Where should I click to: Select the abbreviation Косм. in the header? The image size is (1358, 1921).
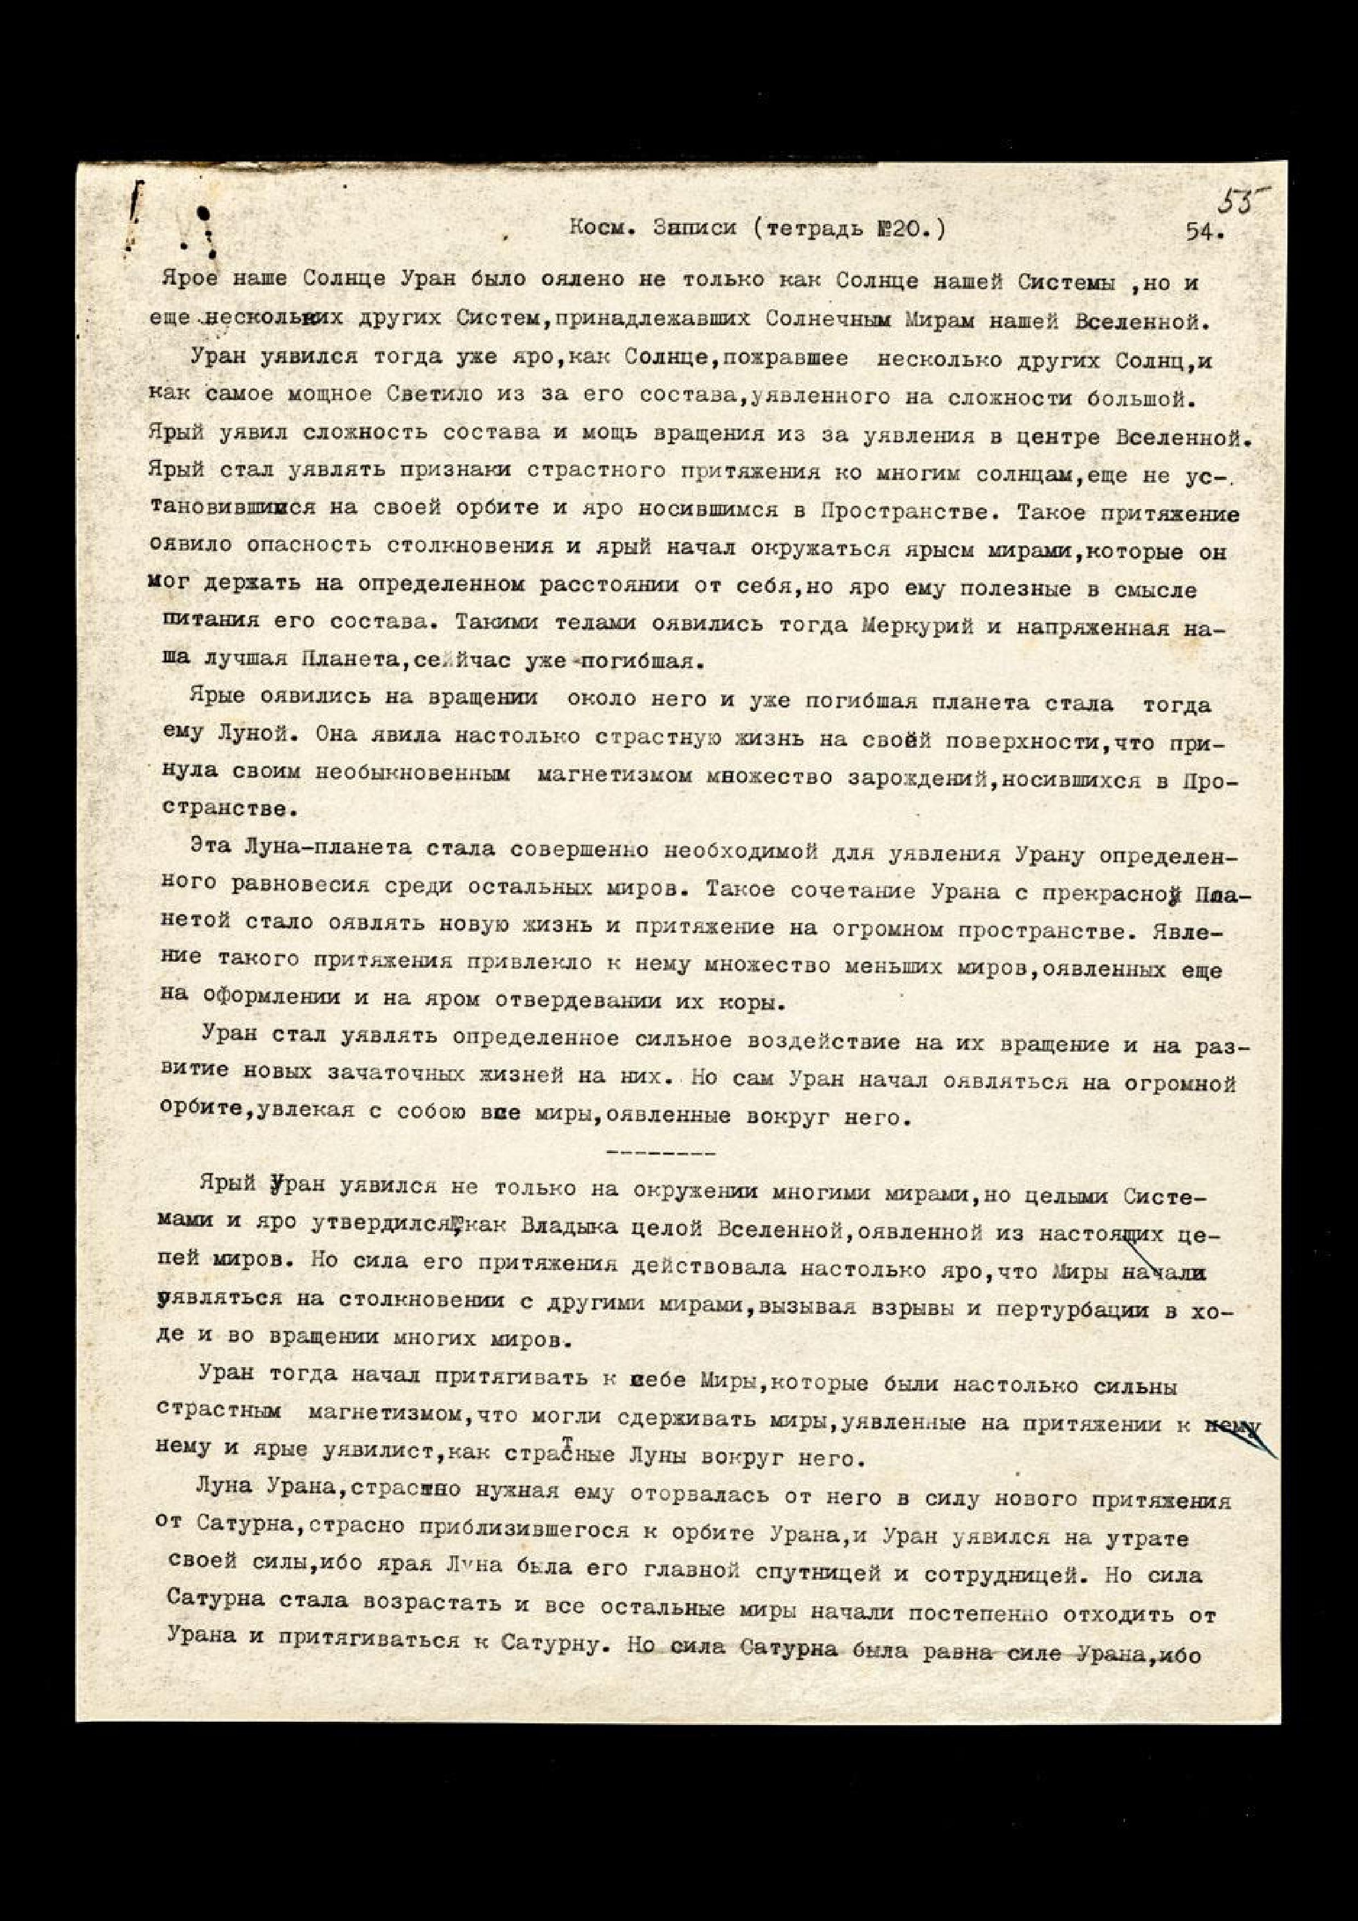pos(601,228)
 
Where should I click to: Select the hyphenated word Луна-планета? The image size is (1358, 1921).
pos(322,849)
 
